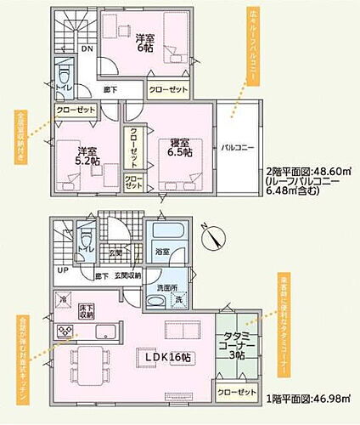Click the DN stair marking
pyautogui.click(x=87, y=48)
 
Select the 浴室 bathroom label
pyautogui.click(x=163, y=252)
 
